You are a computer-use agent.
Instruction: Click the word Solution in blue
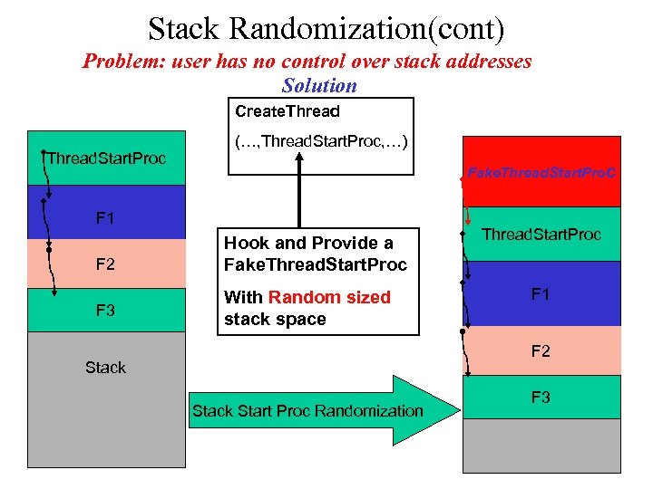(319, 86)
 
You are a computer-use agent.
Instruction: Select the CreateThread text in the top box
(287, 111)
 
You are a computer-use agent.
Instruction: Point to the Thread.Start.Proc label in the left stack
(107, 158)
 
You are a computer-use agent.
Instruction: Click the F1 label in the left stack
(105, 218)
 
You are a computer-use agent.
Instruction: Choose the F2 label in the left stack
(105, 264)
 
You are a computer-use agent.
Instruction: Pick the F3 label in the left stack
(105, 312)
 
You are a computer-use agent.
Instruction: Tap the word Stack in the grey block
(105, 367)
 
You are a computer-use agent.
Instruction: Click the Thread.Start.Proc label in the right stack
(541, 235)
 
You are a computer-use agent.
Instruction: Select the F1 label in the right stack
(541, 293)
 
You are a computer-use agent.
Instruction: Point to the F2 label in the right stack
(541, 350)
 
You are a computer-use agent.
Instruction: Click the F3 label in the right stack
(541, 397)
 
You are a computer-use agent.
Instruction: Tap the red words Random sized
(329, 297)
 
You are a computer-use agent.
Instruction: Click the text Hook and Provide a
(308, 243)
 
